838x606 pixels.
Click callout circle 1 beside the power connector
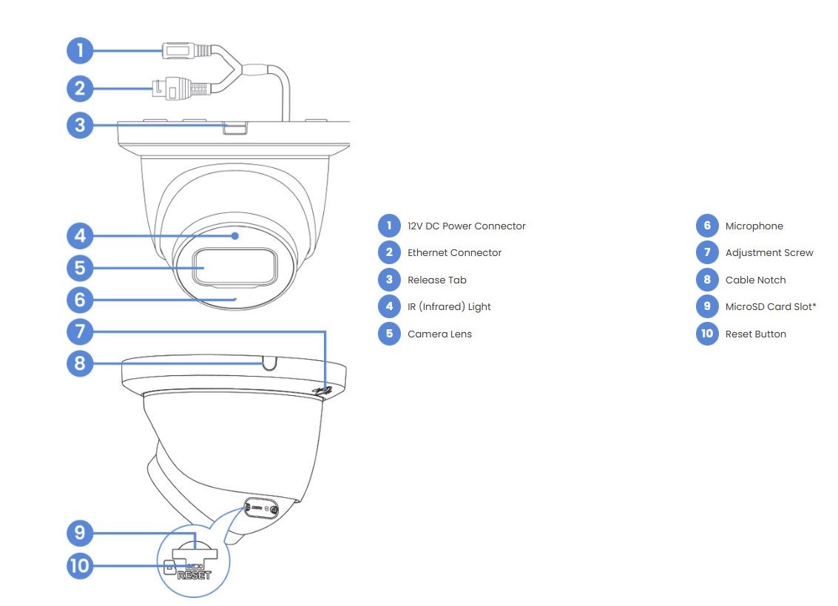[x=80, y=50]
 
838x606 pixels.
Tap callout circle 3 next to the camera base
[x=80, y=124]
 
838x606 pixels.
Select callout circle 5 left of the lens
[x=80, y=267]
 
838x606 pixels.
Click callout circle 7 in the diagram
[x=80, y=331]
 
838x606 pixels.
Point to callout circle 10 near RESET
[x=80, y=567]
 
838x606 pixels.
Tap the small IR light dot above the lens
[x=235, y=236]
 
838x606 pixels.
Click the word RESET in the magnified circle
[x=195, y=575]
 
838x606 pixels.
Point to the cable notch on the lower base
[x=269, y=363]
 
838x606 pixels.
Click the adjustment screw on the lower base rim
[x=322, y=391]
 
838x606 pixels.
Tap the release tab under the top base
[x=234, y=129]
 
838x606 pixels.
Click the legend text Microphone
[x=754, y=226]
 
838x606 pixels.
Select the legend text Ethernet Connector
[x=454, y=253]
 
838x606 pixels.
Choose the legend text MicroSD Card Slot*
[x=771, y=306]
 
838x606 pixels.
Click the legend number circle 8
[x=707, y=280]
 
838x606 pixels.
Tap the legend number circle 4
[x=389, y=306]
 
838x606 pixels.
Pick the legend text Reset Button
[x=755, y=334]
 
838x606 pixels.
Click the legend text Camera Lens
[x=439, y=334]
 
